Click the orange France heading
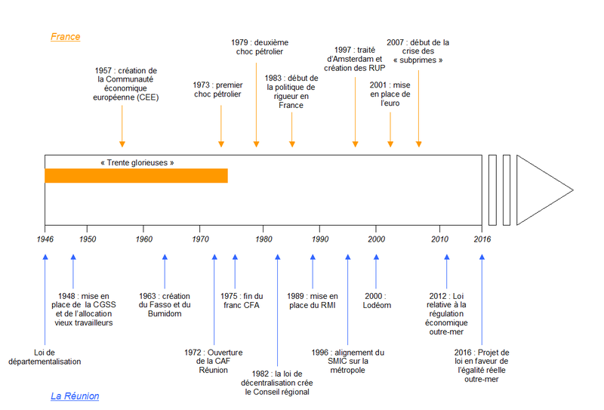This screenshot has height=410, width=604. click(66, 36)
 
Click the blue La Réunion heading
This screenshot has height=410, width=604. click(75, 396)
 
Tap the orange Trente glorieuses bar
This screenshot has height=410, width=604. click(137, 176)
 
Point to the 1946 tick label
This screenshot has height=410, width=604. click(45, 239)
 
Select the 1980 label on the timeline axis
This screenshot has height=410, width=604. click(263, 239)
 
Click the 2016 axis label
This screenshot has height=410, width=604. click(482, 239)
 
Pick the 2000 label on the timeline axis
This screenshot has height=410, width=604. click(376, 239)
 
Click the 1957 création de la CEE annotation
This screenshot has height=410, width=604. click(126, 84)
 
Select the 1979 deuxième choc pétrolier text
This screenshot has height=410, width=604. click(260, 47)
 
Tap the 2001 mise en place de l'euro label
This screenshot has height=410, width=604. click(390, 94)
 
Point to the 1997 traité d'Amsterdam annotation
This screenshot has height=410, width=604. click(355, 59)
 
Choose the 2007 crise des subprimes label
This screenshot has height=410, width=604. click(418, 51)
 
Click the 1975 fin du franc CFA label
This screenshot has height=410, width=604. click(242, 301)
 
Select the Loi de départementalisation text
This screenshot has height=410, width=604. click(45, 357)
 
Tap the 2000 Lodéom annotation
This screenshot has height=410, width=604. click(376, 301)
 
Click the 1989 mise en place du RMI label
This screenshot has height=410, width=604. click(313, 301)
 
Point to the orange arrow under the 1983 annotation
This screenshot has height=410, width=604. click(292, 129)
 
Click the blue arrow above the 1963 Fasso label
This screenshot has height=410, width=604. click(165, 272)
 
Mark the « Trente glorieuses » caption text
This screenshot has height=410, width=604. click(137, 162)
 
